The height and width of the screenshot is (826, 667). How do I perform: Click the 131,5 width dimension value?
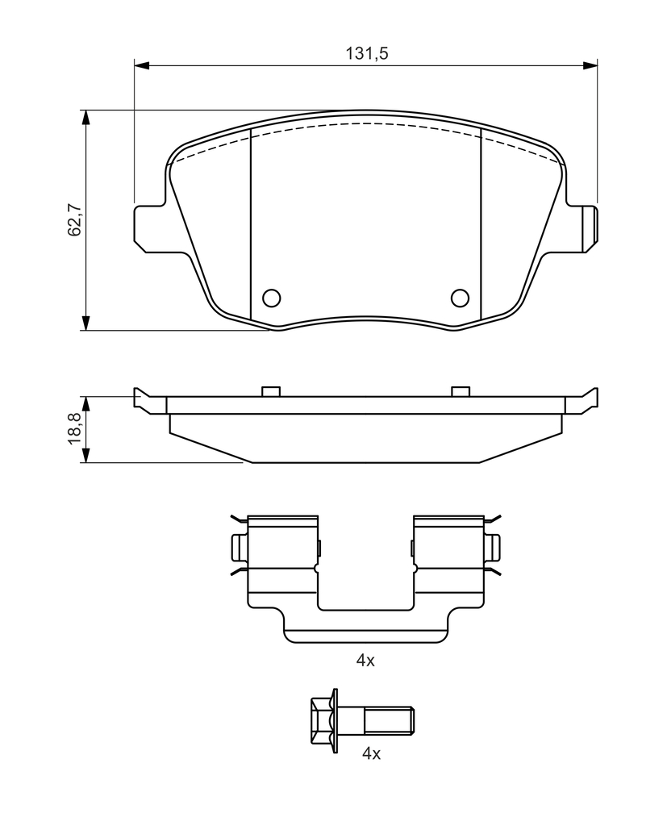(x=367, y=53)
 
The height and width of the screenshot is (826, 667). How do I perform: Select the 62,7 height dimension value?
(x=74, y=219)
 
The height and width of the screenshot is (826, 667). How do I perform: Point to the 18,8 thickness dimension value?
(x=74, y=428)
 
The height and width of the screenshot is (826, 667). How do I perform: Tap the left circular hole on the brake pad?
(x=271, y=298)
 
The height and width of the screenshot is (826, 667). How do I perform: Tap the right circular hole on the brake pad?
(x=460, y=298)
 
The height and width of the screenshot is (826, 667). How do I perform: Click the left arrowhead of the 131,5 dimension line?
(x=142, y=65)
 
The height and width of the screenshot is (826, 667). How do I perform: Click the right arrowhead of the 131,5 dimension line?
(x=590, y=65)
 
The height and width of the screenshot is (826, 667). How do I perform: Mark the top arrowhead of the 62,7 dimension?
(x=85, y=118)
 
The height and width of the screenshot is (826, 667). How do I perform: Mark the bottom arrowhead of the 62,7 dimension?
(x=85, y=323)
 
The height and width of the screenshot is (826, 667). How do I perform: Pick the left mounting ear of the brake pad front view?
(x=150, y=228)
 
